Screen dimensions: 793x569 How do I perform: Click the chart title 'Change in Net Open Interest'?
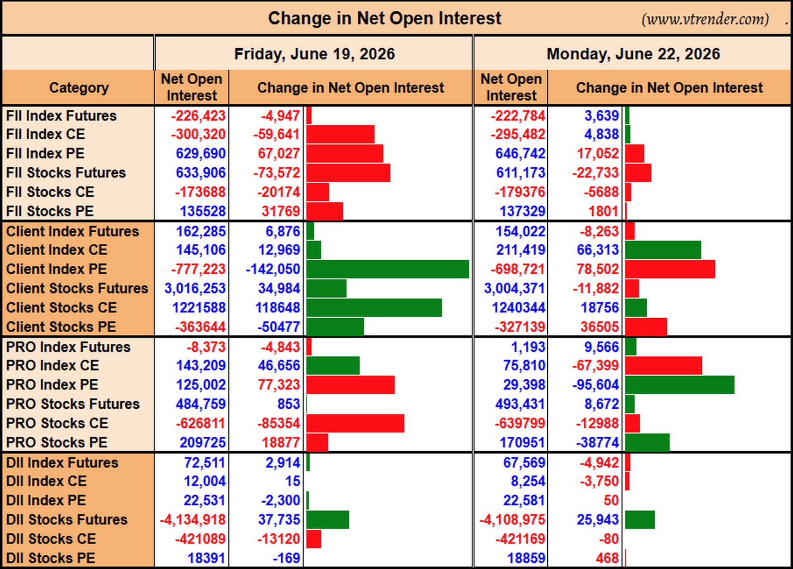[385, 19]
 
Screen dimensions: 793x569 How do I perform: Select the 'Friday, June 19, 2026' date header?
[314, 54]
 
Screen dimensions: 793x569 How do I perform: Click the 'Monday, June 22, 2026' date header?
[633, 54]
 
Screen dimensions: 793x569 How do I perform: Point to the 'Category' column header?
[79, 88]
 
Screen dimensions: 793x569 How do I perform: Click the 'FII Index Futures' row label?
[61, 116]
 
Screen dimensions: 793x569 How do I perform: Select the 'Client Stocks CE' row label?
[61, 307]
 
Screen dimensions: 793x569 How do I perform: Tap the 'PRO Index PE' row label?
[52, 385]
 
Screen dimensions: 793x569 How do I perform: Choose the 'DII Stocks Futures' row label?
[66, 519]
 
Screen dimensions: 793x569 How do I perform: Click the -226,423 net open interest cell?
[198, 116]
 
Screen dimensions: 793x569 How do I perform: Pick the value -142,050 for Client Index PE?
[273, 269]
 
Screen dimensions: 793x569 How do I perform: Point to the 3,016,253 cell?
[195, 288]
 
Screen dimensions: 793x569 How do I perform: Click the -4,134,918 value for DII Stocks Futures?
[192, 519]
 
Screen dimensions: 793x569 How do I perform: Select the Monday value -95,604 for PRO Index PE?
[596, 385]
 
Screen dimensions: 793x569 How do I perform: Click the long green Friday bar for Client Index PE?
[387, 269]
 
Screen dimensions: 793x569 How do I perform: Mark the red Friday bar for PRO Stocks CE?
[355, 423]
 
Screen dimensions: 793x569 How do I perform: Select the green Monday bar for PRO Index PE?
[679, 385]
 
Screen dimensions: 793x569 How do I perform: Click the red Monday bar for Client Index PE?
[670, 269]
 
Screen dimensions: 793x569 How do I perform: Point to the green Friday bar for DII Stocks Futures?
[328, 519]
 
